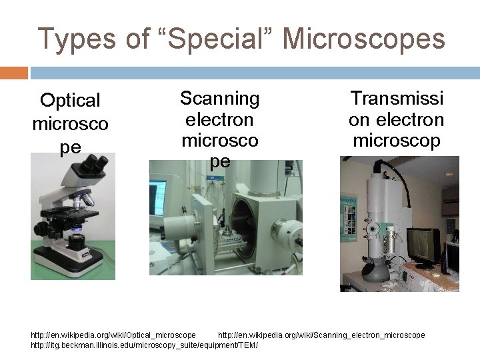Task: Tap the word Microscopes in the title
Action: (x=364, y=39)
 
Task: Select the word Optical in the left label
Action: (x=70, y=101)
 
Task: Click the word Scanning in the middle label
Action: (x=219, y=99)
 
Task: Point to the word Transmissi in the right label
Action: (x=397, y=99)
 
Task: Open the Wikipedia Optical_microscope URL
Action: (x=113, y=335)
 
